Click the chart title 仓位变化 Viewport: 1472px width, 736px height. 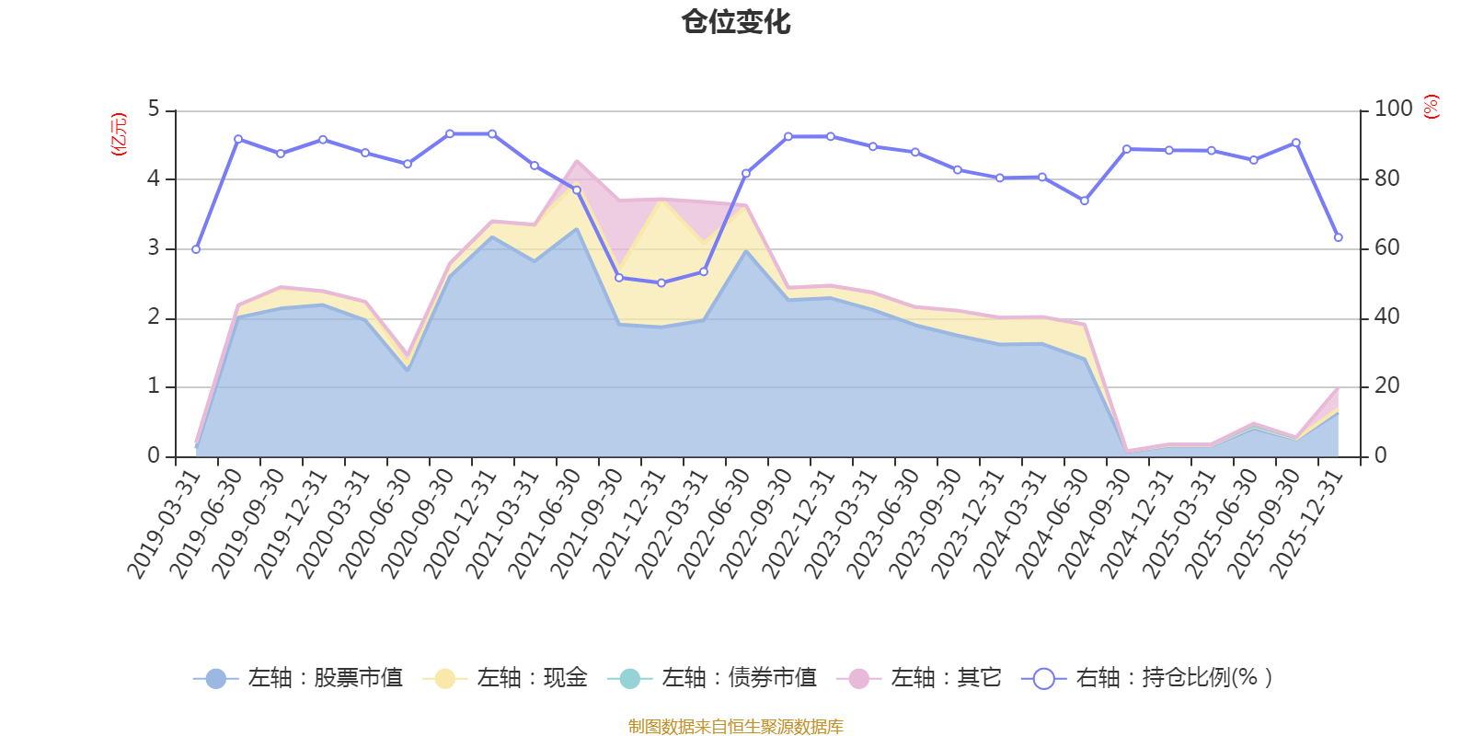point(736,21)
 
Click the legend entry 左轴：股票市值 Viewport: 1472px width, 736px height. point(299,679)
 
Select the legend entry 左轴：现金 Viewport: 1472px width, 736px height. point(505,679)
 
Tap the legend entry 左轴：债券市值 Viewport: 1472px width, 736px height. point(713,679)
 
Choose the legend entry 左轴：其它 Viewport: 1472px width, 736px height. point(919,679)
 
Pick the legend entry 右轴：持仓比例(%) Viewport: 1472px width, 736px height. point(1148,679)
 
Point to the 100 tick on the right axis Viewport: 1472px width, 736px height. point(1393,109)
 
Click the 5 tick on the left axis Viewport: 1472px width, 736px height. point(154,109)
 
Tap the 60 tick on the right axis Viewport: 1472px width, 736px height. point(1386,248)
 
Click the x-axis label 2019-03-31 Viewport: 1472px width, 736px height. point(166,524)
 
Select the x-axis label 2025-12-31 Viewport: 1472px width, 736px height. point(1308,524)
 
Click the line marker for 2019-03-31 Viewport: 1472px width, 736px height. point(196,249)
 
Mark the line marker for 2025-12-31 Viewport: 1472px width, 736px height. point(1339,237)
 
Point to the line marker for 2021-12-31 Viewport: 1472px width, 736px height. point(661,282)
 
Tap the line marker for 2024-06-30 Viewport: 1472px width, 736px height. point(1085,201)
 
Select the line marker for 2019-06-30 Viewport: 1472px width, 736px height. point(238,139)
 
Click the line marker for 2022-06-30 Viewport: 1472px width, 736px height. point(746,173)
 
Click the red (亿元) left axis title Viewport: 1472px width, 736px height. point(119,134)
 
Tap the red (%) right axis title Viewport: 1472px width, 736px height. point(1432,107)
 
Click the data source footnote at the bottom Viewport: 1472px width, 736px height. point(736,727)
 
